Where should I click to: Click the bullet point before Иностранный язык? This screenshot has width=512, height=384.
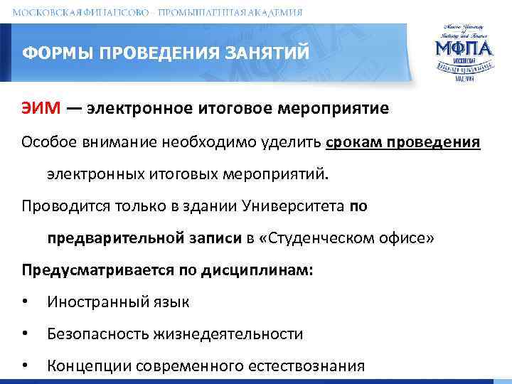coord(26,302)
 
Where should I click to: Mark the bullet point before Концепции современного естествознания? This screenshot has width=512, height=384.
coord(26,366)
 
